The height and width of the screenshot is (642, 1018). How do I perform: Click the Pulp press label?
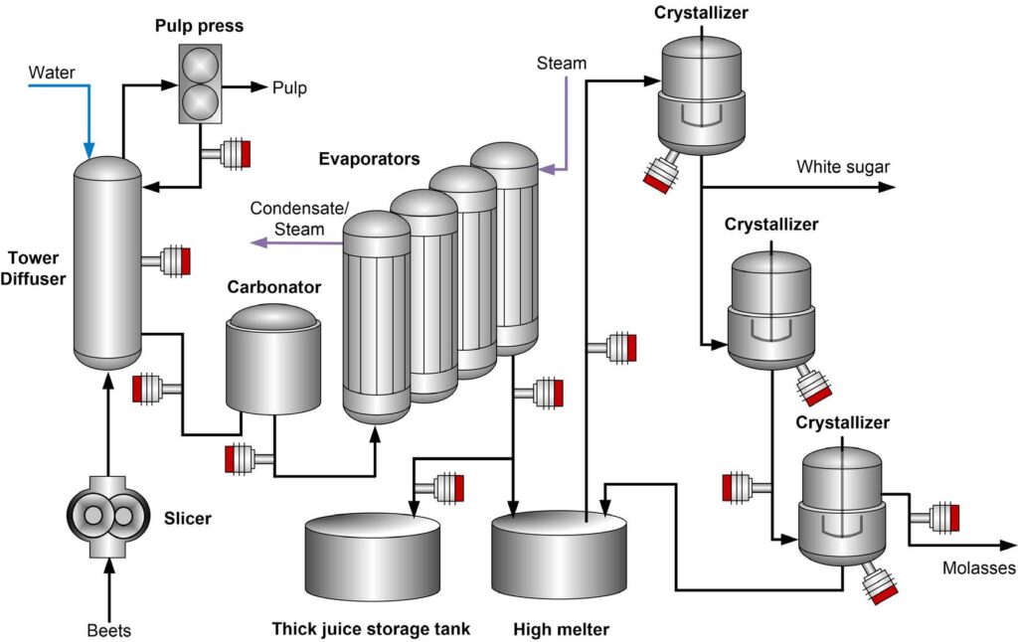pos(200,25)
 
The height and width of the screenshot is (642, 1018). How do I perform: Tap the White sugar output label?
pos(843,167)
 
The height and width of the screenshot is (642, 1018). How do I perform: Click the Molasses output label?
pos(978,568)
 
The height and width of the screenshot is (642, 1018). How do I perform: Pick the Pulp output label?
pos(290,88)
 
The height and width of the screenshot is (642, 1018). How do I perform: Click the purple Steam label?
pos(562,64)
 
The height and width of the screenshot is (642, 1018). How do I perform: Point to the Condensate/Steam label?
pos(287,219)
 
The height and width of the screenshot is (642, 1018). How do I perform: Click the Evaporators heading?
pos(369,159)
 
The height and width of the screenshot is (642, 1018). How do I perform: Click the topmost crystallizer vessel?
pos(701,94)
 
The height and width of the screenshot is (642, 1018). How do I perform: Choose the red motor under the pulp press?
pos(236,154)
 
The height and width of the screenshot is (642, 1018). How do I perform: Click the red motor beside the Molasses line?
pos(943,517)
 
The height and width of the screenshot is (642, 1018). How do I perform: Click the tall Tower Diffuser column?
pos(107,263)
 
